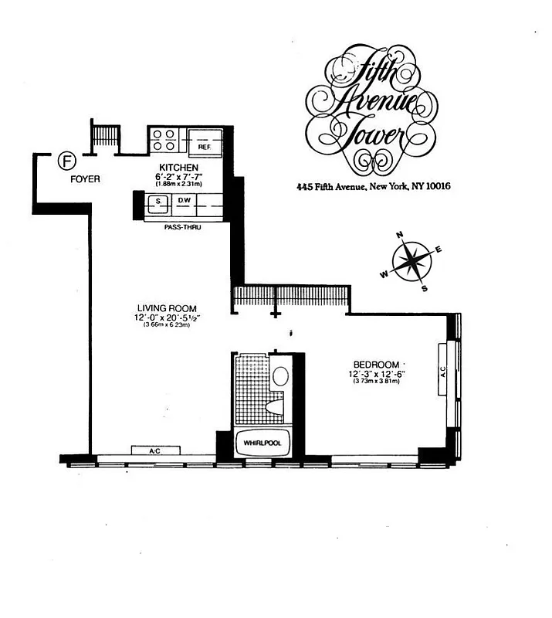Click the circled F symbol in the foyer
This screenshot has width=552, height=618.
click(68, 161)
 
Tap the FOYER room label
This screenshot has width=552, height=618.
click(85, 179)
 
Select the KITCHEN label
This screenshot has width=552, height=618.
click(179, 168)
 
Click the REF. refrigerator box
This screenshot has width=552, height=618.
click(205, 145)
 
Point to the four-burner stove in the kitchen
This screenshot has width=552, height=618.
click(163, 139)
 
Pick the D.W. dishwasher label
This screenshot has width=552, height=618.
click(185, 202)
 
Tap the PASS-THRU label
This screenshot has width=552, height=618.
click(179, 227)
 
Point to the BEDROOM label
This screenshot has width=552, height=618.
click(376, 365)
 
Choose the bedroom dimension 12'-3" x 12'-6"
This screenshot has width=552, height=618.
click(376, 375)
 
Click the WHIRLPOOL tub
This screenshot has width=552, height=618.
click(262, 443)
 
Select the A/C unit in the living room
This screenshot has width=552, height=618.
click(155, 450)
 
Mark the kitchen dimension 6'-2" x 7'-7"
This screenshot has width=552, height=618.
click(179, 177)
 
